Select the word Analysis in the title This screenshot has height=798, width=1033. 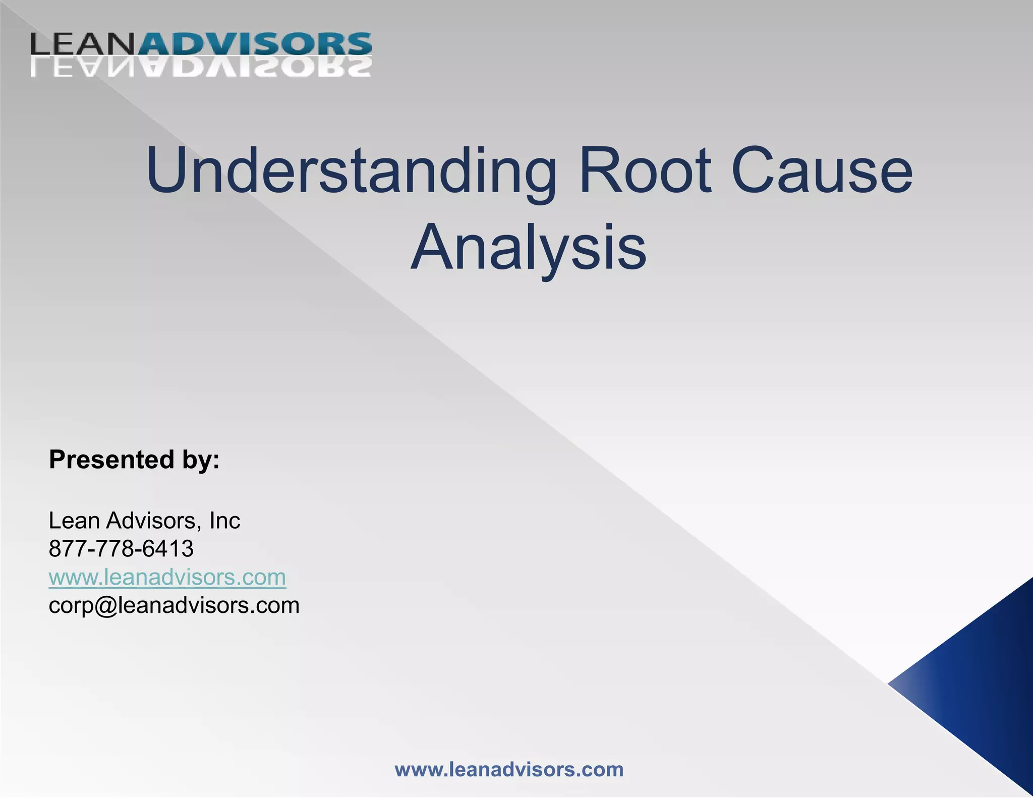(x=528, y=247)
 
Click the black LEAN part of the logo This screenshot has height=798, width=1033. (x=84, y=44)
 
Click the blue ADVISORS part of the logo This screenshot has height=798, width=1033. (x=255, y=44)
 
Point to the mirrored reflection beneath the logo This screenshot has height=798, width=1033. (x=202, y=67)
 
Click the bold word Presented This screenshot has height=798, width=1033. (x=111, y=460)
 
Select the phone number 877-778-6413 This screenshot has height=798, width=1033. (x=121, y=548)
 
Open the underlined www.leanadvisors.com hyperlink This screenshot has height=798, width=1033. (x=167, y=577)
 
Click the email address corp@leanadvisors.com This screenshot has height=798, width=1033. (x=174, y=605)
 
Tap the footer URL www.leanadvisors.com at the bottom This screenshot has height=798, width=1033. (x=509, y=770)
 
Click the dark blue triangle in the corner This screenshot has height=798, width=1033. (x=984, y=686)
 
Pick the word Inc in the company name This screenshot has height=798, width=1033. (x=225, y=520)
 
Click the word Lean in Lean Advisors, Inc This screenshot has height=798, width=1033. (x=74, y=520)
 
